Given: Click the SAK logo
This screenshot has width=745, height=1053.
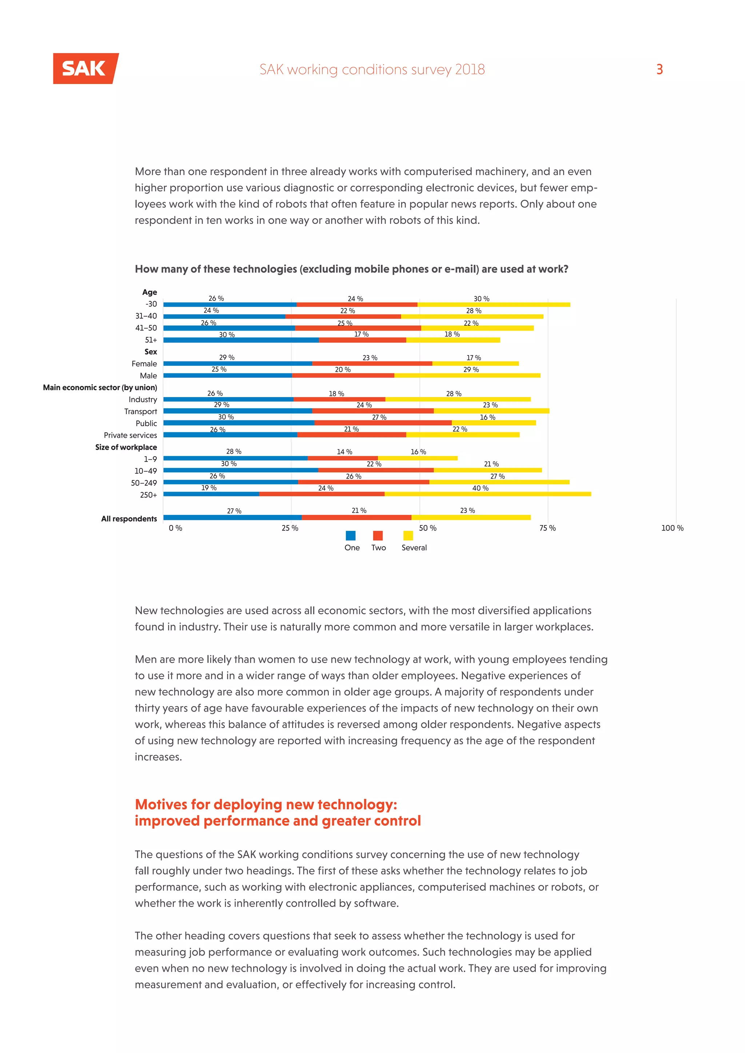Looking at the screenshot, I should click(85, 68).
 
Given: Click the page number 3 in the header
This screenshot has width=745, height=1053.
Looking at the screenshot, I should click(659, 69).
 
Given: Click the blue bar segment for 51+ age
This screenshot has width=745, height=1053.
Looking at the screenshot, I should click(241, 340).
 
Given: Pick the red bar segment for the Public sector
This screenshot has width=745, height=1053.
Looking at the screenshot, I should click(383, 423).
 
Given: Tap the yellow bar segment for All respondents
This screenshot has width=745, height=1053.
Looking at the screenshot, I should click(471, 517).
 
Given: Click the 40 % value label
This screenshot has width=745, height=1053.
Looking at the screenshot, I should click(480, 488).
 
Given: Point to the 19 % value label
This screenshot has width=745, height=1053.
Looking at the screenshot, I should click(209, 488).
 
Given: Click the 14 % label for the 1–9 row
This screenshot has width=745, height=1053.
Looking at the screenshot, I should click(344, 452).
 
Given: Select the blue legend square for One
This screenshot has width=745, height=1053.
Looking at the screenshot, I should click(350, 536).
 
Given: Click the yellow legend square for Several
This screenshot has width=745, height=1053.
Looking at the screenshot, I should click(408, 536).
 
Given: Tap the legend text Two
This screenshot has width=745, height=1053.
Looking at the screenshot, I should click(378, 548).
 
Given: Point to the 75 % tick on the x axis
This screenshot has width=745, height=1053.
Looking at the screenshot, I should click(547, 528).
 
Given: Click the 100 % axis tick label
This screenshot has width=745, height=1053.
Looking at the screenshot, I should click(672, 528).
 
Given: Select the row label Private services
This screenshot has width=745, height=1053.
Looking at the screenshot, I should click(130, 435).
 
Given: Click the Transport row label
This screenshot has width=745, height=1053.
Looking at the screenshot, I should click(140, 411).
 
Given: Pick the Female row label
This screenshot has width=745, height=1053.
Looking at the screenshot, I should click(144, 364).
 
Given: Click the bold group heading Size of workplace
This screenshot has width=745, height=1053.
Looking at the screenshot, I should click(126, 447).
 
